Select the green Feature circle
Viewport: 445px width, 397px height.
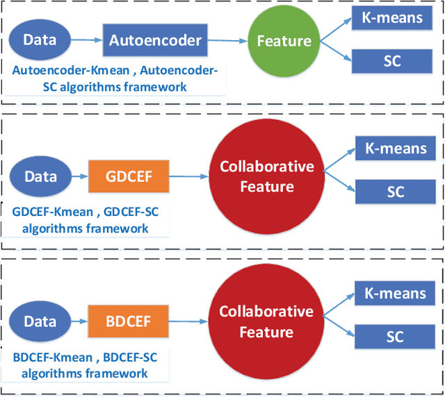coord(284,41)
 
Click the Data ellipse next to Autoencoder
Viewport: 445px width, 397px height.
coord(40,40)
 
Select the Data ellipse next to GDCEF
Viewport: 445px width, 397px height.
coord(40,176)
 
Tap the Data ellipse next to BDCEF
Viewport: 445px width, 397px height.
coord(40,321)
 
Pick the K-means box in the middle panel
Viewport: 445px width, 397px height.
coord(395,147)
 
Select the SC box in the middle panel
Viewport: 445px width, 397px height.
coord(395,191)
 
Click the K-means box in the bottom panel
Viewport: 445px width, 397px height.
coord(395,293)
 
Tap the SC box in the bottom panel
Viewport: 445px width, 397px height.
coord(395,337)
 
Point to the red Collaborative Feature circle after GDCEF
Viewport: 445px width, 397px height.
coord(266,176)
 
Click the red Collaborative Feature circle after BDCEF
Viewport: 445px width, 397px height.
coord(266,322)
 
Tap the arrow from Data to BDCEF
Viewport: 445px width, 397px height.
coord(79,322)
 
